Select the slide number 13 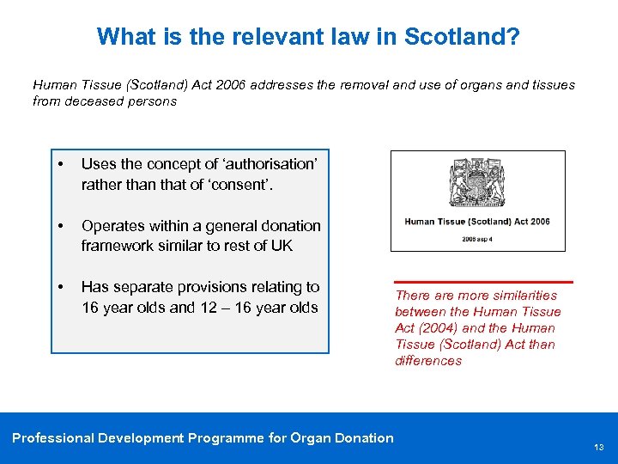pyautogui.click(x=598, y=448)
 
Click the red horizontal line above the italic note pyautogui.click(x=483, y=281)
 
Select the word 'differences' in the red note pyautogui.click(x=428, y=361)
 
